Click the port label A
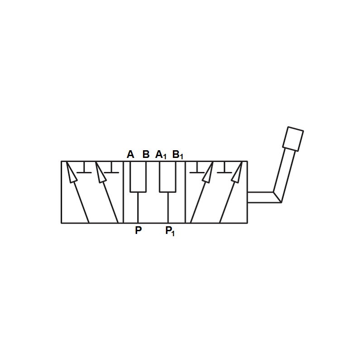[130, 154]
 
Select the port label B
[146, 154]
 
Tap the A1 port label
[161, 155]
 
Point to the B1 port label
[178, 155]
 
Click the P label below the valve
[138, 230]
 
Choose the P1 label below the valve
[170, 231]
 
